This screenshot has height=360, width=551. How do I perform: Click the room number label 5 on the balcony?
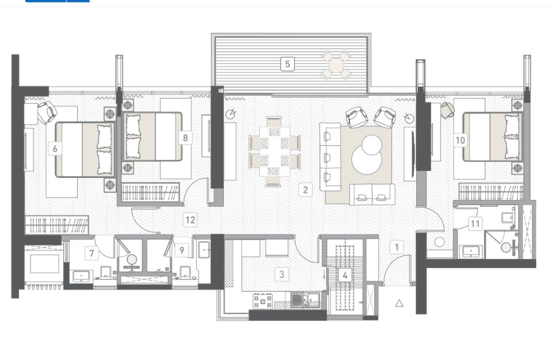click(287, 64)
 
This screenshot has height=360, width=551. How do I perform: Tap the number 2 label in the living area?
click(305, 190)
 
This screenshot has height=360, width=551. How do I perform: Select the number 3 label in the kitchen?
click(282, 274)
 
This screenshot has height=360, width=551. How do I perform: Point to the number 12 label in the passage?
click(190, 220)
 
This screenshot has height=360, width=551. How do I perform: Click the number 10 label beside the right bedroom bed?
click(461, 141)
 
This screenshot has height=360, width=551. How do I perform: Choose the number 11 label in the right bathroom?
click(475, 223)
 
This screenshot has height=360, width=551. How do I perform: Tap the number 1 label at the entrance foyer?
click(397, 247)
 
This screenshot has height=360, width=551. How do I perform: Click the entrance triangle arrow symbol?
click(399, 303)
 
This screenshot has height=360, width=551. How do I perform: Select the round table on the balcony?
click(336, 65)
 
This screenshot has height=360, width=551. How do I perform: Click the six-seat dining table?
click(274, 151)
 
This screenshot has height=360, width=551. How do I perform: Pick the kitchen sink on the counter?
click(305, 300)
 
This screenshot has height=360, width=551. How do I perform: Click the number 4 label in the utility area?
click(345, 275)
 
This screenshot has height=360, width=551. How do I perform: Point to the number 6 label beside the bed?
click(55, 149)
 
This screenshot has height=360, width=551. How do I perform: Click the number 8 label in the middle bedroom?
click(185, 138)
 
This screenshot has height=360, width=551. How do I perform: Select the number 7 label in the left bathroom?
click(92, 253)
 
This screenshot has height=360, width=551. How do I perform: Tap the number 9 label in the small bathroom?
click(182, 251)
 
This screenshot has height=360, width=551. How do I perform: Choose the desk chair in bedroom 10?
click(448, 109)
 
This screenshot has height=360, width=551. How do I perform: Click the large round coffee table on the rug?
click(367, 159)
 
